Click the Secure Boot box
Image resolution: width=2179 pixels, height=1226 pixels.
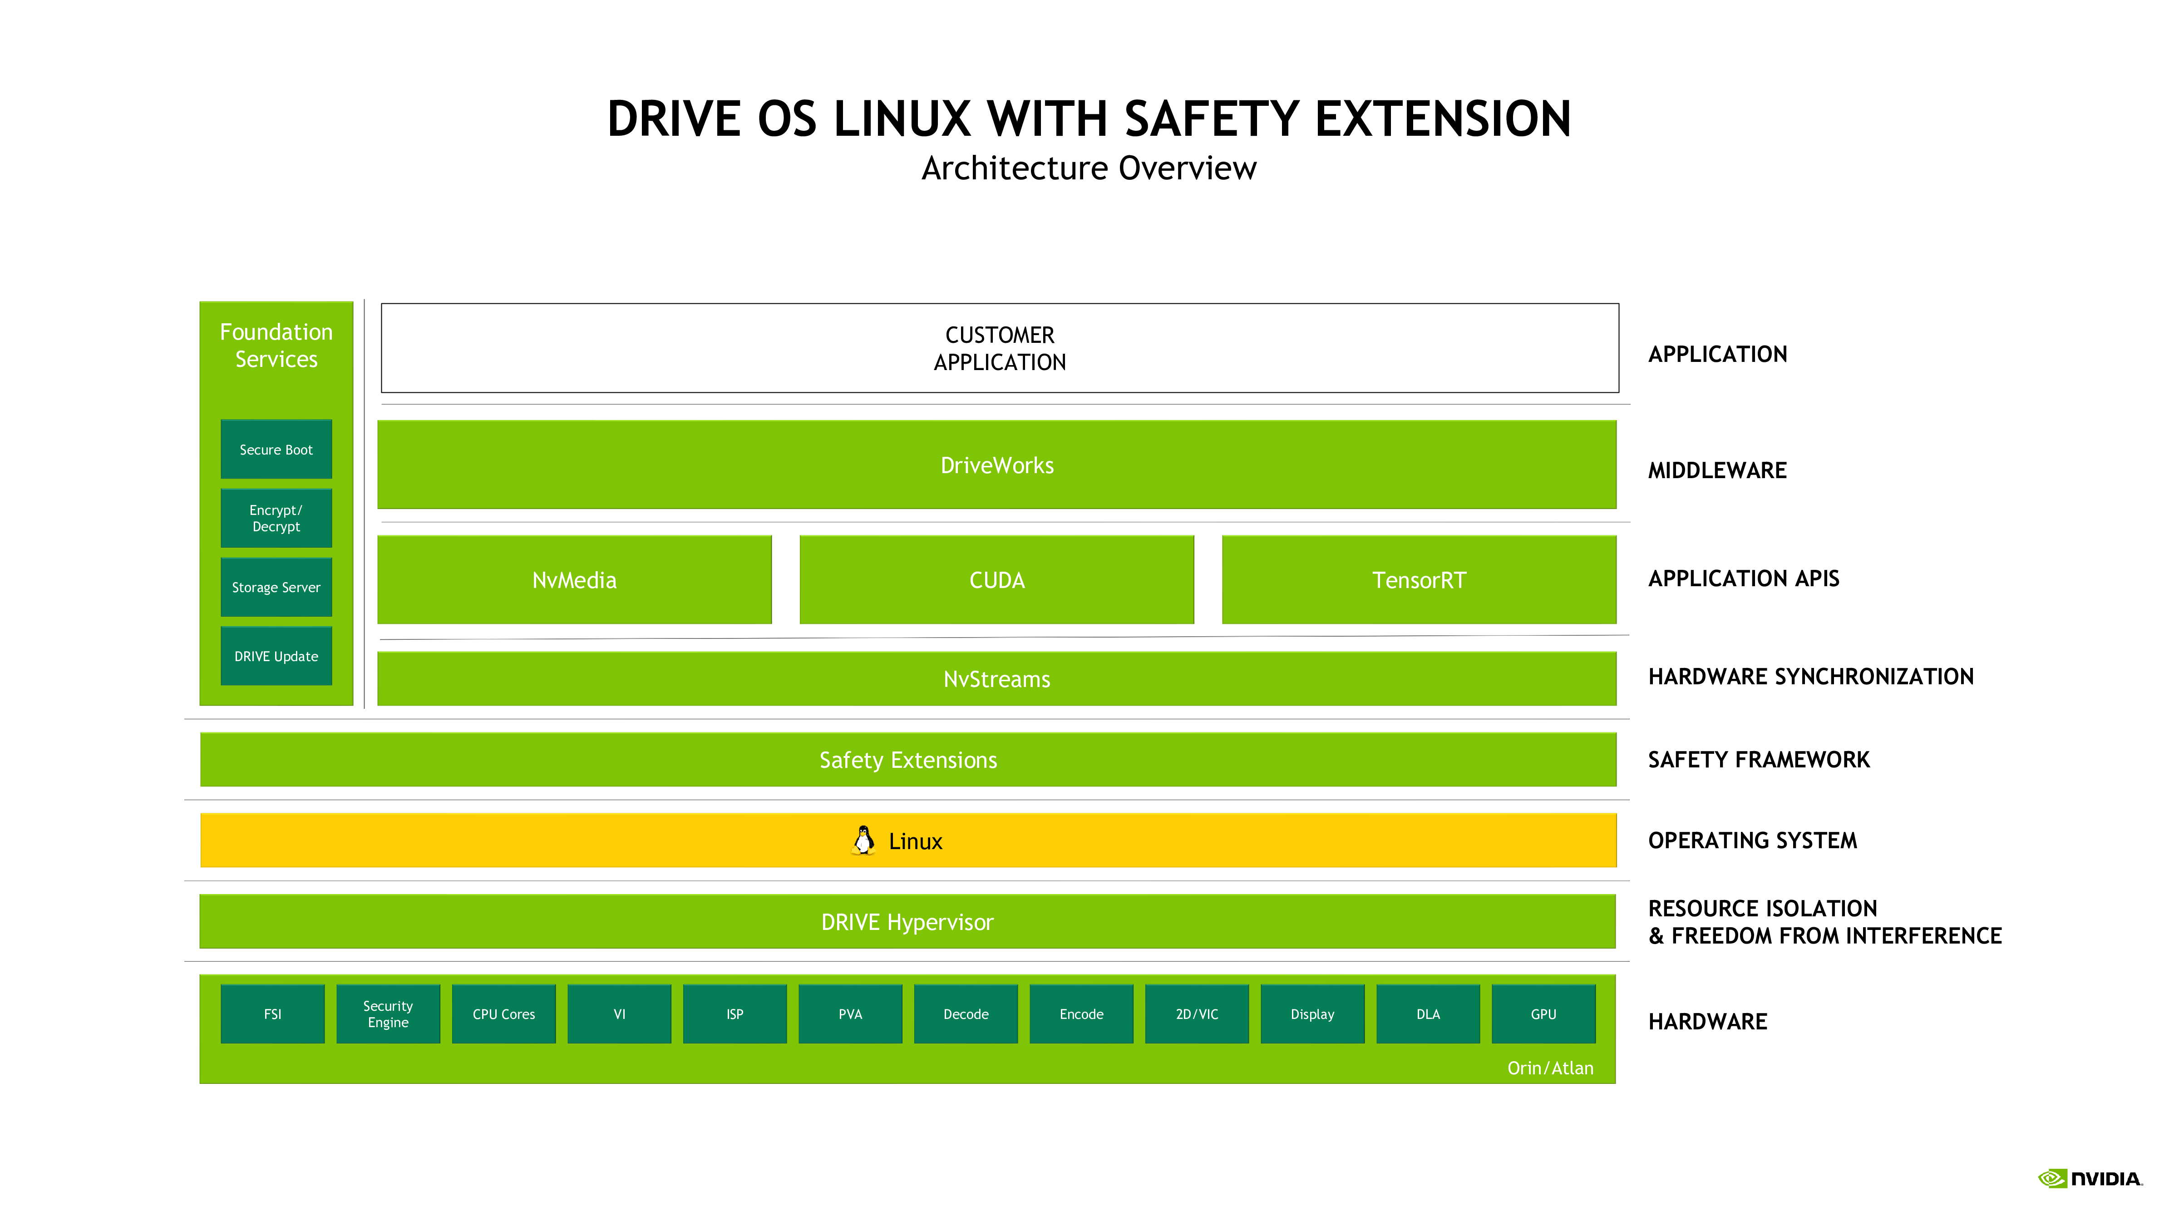pyautogui.click(x=276, y=449)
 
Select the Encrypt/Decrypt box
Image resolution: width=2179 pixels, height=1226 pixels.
pyautogui.click(x=276, y=518)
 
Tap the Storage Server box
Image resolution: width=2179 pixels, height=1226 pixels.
pyautogui.click(x=276, y=587)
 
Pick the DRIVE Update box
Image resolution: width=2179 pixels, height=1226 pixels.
pyautogui.click(x=276, y=656)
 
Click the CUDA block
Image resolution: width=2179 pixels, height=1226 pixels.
pyautogui.click(x=996, y=579)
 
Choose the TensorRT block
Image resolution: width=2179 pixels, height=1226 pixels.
pyautogui.click(x=1419, y=579)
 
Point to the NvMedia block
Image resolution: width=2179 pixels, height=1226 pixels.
pyautogui.click(x=574, y=579)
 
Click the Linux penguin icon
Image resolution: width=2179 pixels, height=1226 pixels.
pyautogui.click(x=863, y=840)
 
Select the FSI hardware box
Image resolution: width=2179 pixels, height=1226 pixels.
pyautogui.click(x=272, y=1013)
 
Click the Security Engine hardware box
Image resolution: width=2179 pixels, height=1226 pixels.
pyautogui.click(x=388, y=1013)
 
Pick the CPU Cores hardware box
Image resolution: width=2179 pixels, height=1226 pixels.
pyautogui.click(x=503, y=1013)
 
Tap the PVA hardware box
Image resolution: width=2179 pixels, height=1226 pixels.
pyautogui.click(x=850, y=1013)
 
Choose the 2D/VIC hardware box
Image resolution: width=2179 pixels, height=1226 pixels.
pyautogui.click(x=1197, y=1013)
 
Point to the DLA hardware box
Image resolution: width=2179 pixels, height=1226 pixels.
pyautogui.click(x=1428, y=1013)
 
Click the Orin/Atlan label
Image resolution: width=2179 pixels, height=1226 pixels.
pyautogui.click(x=1550, y=1068)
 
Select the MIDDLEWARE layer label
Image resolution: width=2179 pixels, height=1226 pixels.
pyautogui.click(x=1717, y=470)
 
